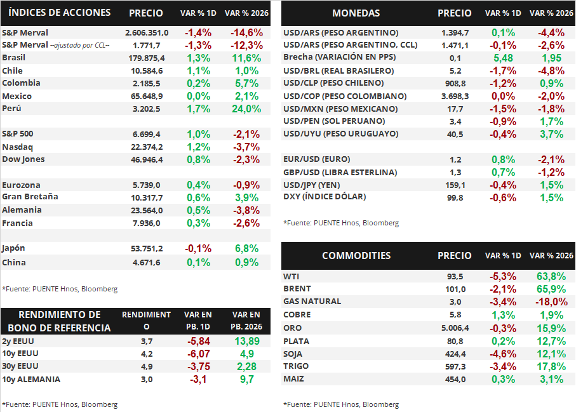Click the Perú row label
click(x=11, y=109)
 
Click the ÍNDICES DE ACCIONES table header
click(x=60, y=13)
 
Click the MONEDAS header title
click(x=356, y=13)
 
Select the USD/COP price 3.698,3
click(x=455, y=96)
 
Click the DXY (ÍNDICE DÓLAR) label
click(x=325, y=197)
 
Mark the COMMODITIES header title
click(x=356, y=256)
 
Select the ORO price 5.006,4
click(x=455, y=328)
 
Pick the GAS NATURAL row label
click(x=312, y=302)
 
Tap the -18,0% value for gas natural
click(x=551, y=302)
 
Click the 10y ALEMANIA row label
click(x=31, y=379)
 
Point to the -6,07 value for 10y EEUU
click(x=198, y=354)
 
